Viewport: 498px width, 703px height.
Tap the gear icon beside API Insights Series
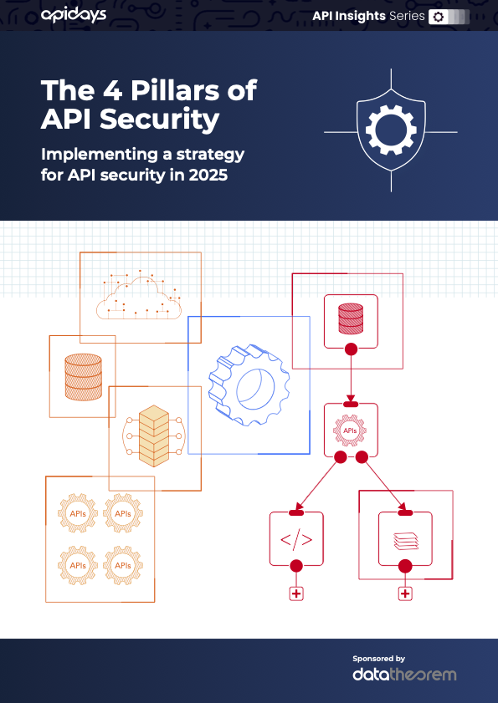click(437, 17)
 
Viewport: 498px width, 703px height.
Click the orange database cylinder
click(83, 375)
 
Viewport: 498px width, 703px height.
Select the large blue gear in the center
click(247, 385)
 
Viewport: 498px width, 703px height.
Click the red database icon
click(351, 317)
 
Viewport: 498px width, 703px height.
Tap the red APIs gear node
click(351, 430)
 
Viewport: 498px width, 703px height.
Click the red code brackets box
click(295, 538)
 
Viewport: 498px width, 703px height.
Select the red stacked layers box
click(405, 538)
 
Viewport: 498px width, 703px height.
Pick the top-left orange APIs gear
click(78, 512)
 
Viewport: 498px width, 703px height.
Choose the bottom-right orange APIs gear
click(123, 566)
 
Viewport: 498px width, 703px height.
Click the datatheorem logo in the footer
click(404, 674)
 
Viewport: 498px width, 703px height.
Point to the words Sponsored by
click(378, 658)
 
